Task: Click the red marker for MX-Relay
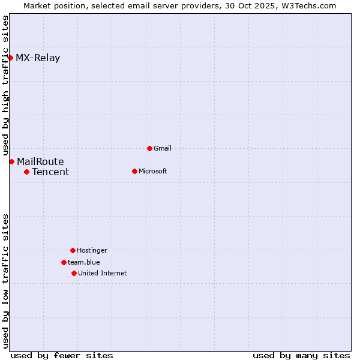pyautogui.click(x=11, y=58)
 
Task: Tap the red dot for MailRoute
pyautogui.click(x=11, y=161)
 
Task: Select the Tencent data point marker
pyautogui.click(x=26, y=172)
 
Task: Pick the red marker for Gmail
pyautogui.click(x=149, y=148)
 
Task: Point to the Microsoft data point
pyautogui.click(x=134, y=171)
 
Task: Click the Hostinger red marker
pyautogui.click(x=73, y=250)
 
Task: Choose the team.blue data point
pyautogui.click(x=64, y=262)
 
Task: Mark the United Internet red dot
pyautogui.click(x=74, y=273)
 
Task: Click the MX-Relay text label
pyautogui.click(x=38, y=58)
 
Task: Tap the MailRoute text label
pyautogui.click(x=40, y=161)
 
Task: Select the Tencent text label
pyautogui.click(x=50, y=172)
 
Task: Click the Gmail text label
pyautogui.click(x=163, y=148)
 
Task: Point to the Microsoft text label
pyautogui.click(x=153, y=171)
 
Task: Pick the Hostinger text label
pyautogui.click(x=92, y=250)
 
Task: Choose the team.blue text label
pyautogui.click(x=84, y=262)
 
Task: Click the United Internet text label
pyautogui.click(x=103, y=273)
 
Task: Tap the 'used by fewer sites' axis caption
pyautogui.click(x=62, y=355)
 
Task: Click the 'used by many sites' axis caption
pyautogui.click(x=301, y=355)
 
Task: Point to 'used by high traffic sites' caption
pyautogui.click(x=5, y=86)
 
